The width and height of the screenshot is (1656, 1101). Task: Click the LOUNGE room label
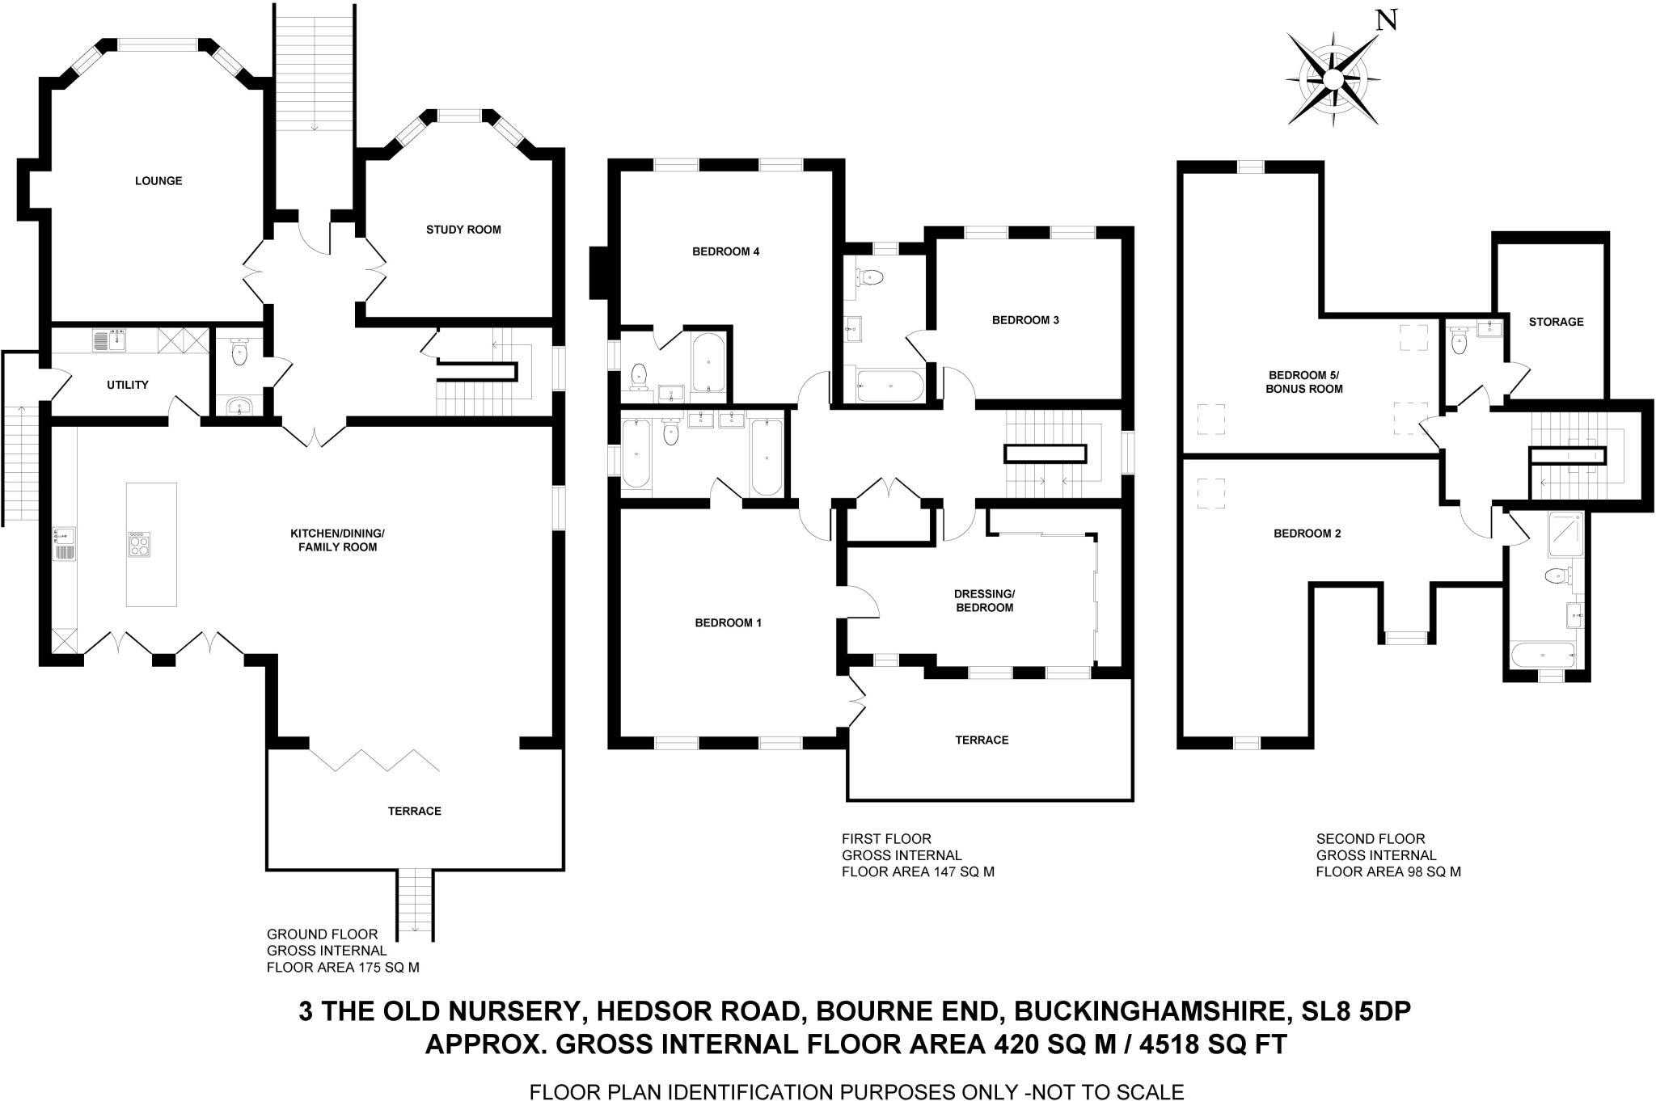click(158, 181)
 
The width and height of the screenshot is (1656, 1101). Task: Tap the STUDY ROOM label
click(463, 230)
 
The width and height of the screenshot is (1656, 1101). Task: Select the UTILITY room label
click(128, 385)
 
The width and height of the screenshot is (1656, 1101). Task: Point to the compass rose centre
click(1332, 78)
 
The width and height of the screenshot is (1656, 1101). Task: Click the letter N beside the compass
click(1386, 19)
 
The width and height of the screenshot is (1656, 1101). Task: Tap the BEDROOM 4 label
click(725, 251)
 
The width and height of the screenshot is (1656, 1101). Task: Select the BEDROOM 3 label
click(1025, 320)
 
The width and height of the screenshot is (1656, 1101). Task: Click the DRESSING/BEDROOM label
click(984, 601)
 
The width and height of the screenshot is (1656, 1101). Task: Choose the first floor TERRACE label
click(982, 740)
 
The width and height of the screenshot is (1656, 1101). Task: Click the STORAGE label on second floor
click(1556, 322)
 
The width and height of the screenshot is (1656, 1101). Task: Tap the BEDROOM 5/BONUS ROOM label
click(1305, 382)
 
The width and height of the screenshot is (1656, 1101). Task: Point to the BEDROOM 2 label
click(1307, 534)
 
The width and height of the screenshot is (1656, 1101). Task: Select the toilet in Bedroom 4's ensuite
click(640, 375)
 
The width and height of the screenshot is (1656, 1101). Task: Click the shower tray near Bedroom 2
click(1567, 534)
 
